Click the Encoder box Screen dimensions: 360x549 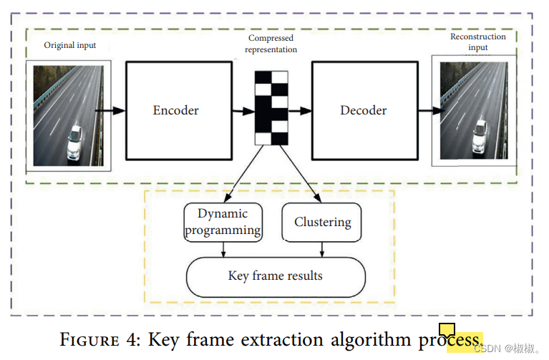(176, 110)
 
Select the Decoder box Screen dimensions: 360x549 (364, 110)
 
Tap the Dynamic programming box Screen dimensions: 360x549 (223, 222)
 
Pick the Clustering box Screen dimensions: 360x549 (322, 222)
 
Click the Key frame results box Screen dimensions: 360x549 (276, 276)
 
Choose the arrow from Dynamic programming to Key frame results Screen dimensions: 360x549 (223, 249)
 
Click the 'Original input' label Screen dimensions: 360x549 (70, 45)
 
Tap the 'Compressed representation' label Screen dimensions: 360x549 (271, 44)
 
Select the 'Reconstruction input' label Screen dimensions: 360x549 (477, 42)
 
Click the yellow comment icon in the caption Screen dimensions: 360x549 (447, 331)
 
